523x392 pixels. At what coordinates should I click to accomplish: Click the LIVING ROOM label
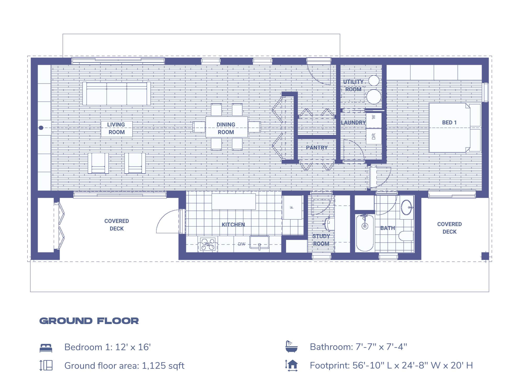click(x=116, y=128)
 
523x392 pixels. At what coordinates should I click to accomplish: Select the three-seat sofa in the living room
click(x=116, y=94)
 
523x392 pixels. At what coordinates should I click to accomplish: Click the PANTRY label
click(x=317, y=148)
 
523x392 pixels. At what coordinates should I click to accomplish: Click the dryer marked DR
click(x=373, y=136)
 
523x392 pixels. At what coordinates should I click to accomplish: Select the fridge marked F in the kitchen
click(x=292, y=207)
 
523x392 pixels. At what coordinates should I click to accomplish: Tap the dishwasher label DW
click(x=241, y=244)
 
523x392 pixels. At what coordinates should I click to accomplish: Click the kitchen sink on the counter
click(x=259, y=242)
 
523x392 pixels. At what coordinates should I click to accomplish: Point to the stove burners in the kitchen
click(x=208, y=244)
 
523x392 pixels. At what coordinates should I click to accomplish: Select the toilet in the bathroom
click(x=406, y=236)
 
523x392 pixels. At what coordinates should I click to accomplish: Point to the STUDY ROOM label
click(x=321, y=240)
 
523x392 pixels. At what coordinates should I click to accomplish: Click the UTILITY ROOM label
click(x=353, y=85)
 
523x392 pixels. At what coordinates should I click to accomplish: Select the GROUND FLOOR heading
click(x=89, y=321)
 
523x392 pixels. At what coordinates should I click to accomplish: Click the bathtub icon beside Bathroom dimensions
click(x=291, y=347)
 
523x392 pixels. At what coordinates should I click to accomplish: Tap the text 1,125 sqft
click(x=163, y=366)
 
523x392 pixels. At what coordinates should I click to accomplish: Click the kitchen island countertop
click(x=234, y=201)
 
